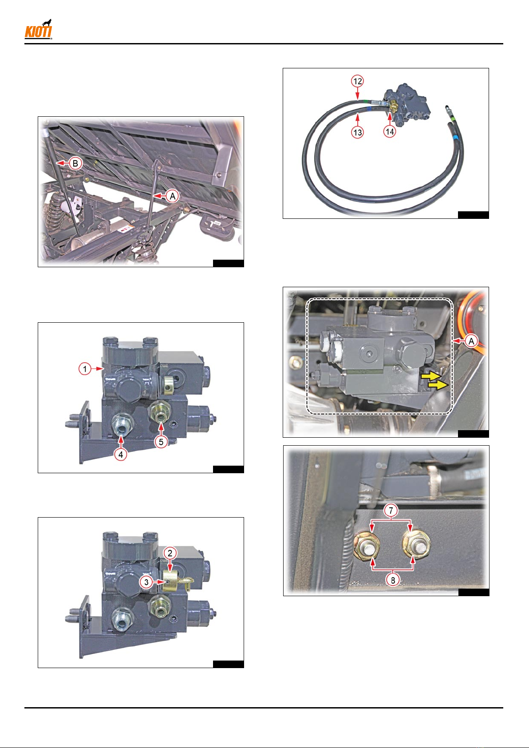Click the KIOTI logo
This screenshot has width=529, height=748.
[x=38, y=30]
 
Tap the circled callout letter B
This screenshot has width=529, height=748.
[x=75, y=164]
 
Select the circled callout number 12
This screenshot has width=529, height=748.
[x=357, y=81]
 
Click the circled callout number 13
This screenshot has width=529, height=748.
[x=357, y=133]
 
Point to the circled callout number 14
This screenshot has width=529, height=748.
[x=390, y=131]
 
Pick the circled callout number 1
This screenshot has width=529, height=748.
[x=85, y=368]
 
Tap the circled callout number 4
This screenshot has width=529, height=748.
[x=120, y=454]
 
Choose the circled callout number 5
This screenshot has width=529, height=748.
[x=161, y=442]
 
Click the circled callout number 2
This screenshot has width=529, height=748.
[x=170, y=553]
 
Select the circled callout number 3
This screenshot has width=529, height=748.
[x=146, y=582]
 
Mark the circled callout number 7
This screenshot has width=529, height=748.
[x=391, y=510]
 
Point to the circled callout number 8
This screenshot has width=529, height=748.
[x=393, y=580]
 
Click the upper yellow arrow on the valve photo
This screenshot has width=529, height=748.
[x=431, y=376]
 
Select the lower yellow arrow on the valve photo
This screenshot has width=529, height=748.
[x=438, y=385]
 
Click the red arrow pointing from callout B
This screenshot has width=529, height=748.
[x=63, y=163]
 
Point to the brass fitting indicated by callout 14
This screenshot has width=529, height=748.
[x=393, y=107]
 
